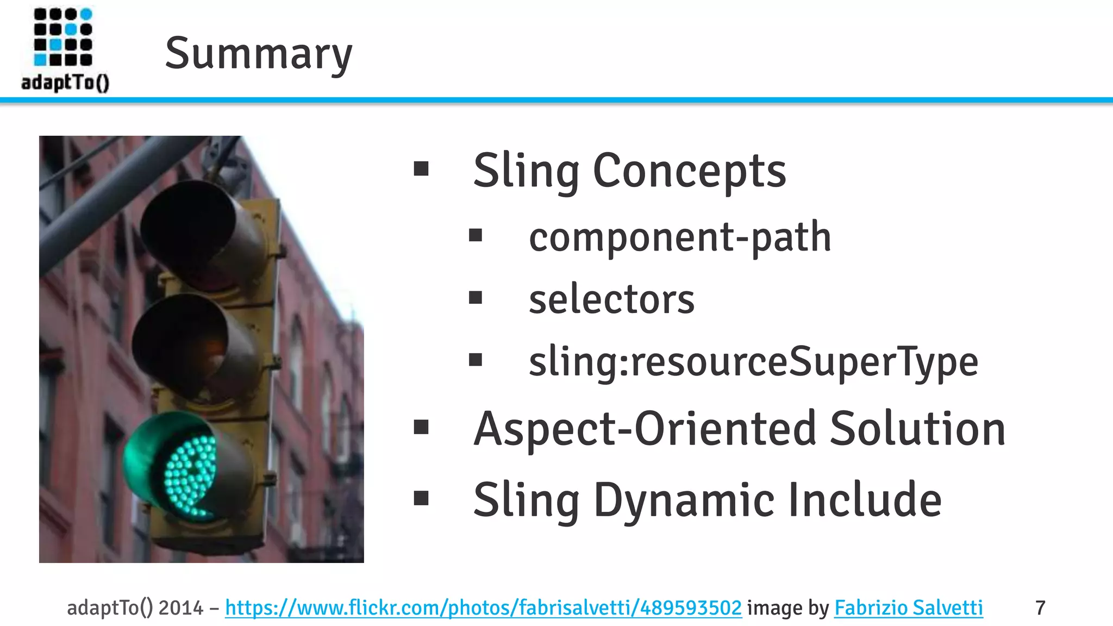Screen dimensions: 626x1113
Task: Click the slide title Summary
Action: tap(259, 53)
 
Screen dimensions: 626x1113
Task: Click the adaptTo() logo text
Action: tap(65, 83)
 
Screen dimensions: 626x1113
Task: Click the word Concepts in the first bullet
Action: tap(689, 171)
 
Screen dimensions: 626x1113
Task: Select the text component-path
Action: tap(680, 237)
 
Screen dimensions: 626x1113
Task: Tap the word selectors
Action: tap(611, 299)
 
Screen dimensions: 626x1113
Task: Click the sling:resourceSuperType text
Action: tap(753, 362)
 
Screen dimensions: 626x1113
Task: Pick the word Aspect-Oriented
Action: tap(645, 429)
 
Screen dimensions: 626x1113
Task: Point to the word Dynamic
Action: tap(684, 500)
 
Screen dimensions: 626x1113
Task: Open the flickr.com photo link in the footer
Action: tap(483, 608)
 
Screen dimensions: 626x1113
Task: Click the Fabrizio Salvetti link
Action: tap(908, 608)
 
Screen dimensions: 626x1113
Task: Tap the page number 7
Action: tap(1040, 608)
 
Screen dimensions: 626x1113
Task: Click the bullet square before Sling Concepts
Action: tap(421, 169)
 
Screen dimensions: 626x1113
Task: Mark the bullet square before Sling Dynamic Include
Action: tap(421, 498)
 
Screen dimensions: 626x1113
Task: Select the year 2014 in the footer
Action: tap(180, 608)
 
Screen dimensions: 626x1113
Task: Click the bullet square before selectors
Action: tap(476, 298)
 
